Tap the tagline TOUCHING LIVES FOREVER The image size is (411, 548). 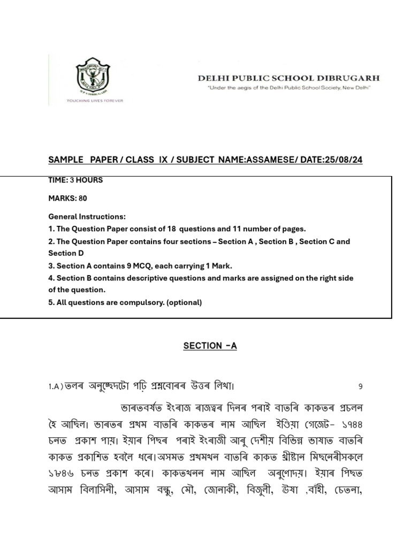(x=94, y=100)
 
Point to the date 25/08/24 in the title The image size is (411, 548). (x=343, y=160)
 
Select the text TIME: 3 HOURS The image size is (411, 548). (x=75, y=180)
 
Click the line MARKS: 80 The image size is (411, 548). (x=67, y=199)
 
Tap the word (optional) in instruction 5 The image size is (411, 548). (x=184, y=302)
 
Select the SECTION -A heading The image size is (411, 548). (x=210, y=346)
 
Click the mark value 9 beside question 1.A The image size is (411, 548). (x=360, y=386)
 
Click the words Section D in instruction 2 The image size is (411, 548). (x=66, y=253)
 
